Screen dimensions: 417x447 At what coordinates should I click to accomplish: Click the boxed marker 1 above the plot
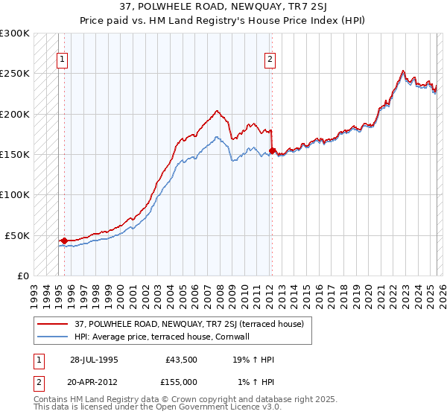[62, 60]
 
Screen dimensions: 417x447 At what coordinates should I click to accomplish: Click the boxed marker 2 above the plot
[269, 60]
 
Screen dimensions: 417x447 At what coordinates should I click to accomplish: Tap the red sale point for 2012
[272, 151]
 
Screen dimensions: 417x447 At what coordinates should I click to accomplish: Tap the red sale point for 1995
[64, 241]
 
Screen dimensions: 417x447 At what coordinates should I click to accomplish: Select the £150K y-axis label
[15, 155]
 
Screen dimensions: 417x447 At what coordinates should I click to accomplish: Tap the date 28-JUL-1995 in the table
[94, 359]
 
